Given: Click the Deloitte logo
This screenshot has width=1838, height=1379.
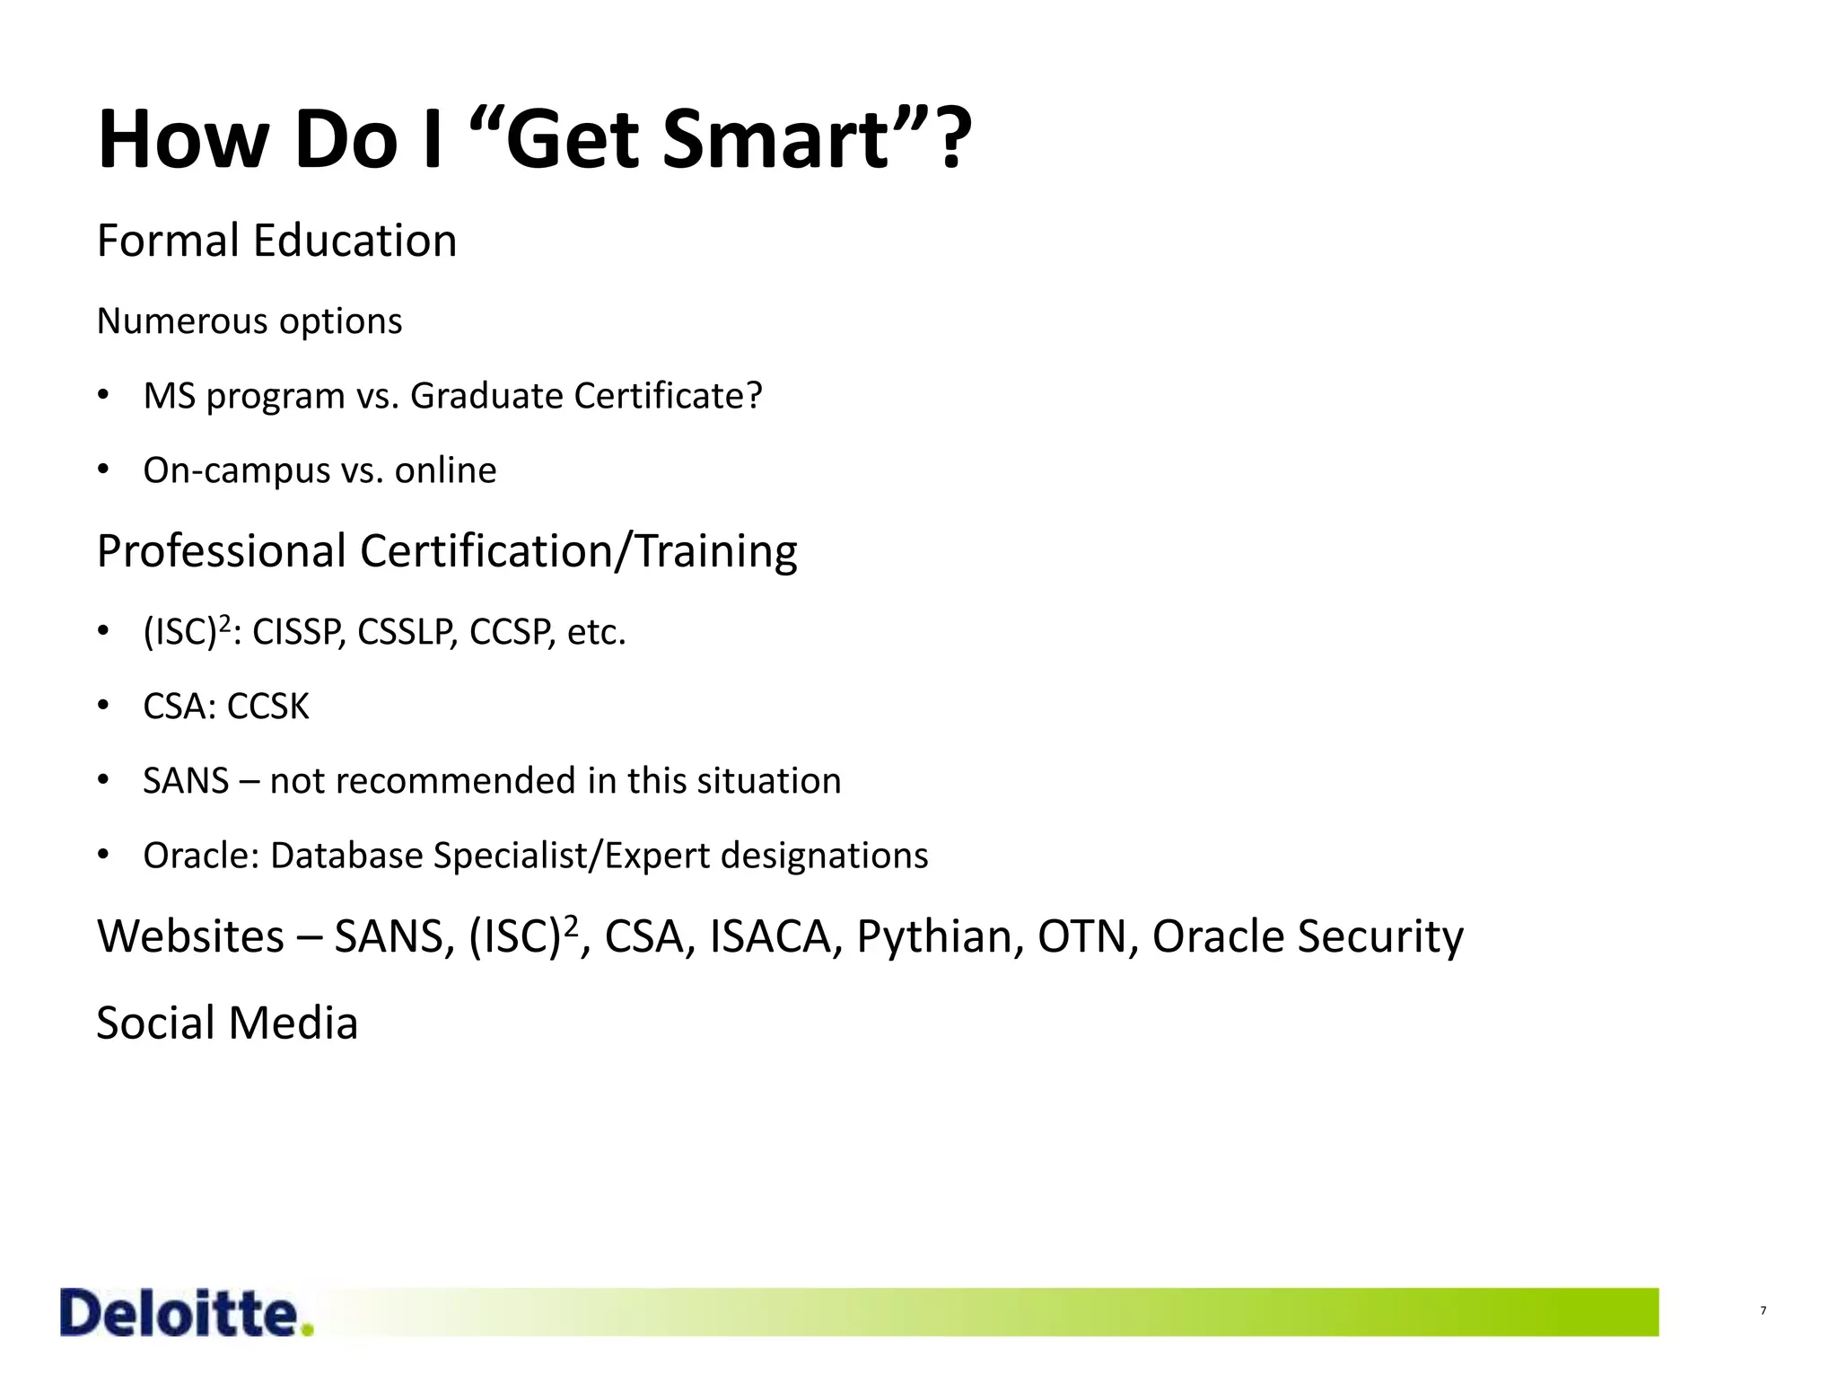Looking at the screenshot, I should (186, 1313).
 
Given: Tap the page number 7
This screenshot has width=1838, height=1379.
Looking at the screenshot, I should (1763, 1312).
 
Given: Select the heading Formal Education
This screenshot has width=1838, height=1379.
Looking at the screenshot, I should (276, 241).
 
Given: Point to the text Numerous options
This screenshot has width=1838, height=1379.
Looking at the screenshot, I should (249, 321).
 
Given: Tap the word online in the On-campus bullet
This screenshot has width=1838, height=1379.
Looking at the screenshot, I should (445, 470).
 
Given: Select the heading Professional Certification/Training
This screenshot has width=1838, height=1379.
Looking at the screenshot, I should (446, 551).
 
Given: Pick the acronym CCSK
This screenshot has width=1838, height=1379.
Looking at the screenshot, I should (267, 707).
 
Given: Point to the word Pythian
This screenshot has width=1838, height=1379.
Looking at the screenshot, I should (934, 937).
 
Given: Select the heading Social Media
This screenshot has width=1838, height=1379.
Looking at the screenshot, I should (227, 1023).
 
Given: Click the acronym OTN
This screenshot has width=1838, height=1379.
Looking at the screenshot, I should (1082, 937).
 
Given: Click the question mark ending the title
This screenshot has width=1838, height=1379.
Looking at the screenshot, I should (950, 140).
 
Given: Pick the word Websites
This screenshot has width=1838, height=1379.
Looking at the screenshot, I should (190, 937).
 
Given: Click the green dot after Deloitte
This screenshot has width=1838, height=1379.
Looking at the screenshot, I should (308, 1330).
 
